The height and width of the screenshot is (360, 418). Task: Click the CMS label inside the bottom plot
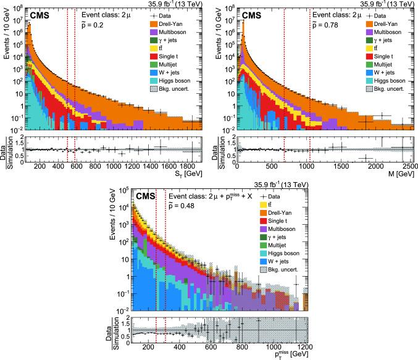click(146, 196)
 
